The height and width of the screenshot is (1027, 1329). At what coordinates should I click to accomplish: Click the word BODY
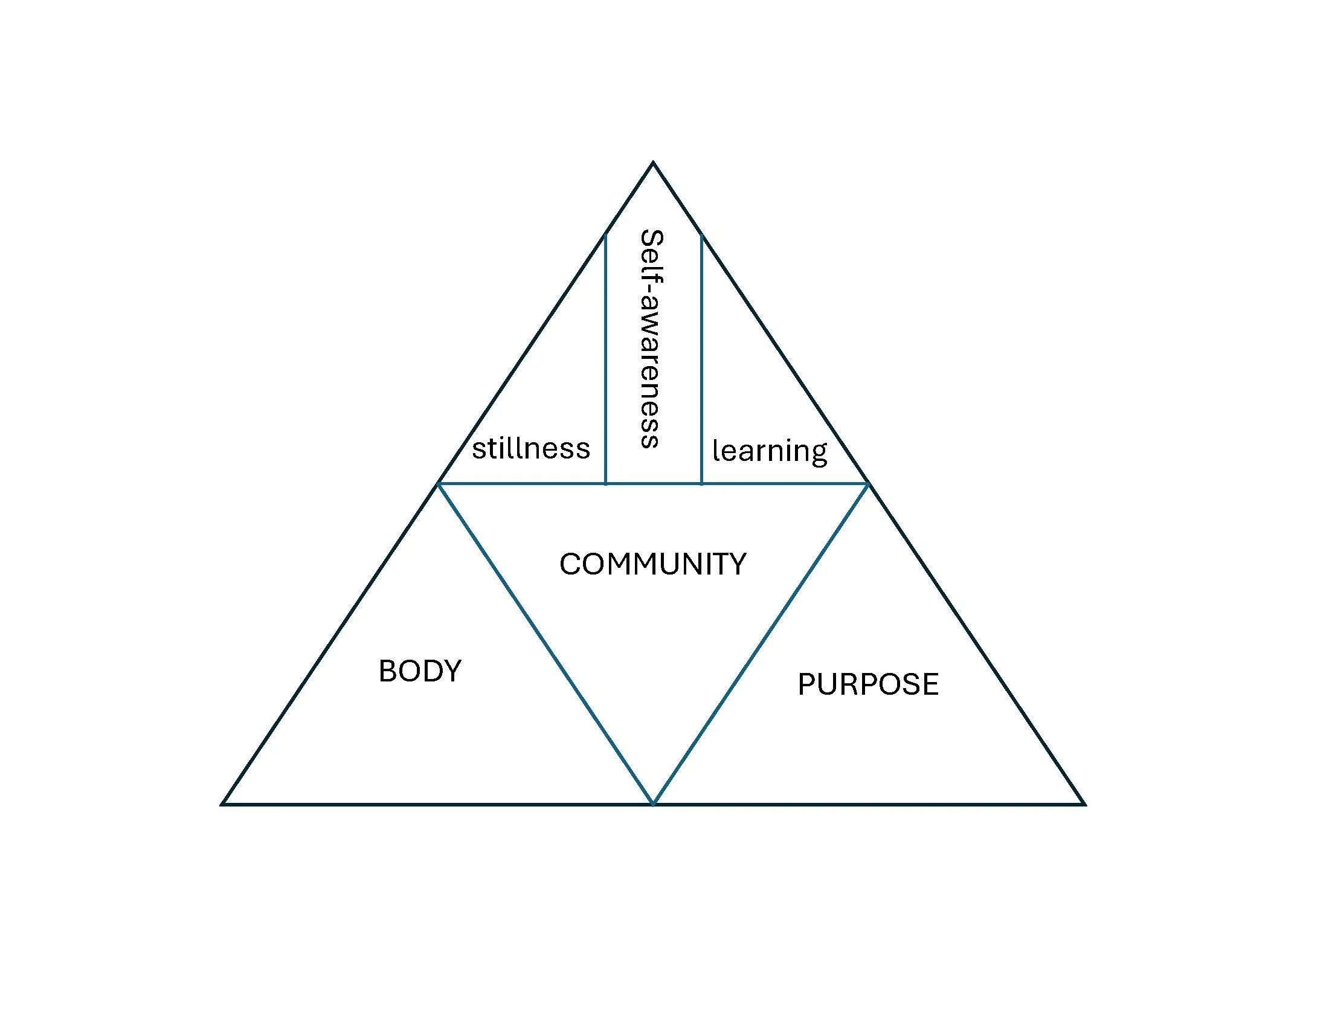point(420,671)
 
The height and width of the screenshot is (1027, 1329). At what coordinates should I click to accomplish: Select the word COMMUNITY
point(652,564)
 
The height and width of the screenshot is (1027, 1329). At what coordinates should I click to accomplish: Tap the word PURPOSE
point(867,684)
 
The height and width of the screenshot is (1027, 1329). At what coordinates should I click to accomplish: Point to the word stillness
point(530,449)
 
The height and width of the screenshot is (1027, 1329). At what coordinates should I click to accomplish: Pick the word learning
point(770,451)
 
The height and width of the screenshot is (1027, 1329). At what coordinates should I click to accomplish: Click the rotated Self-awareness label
point(651,338)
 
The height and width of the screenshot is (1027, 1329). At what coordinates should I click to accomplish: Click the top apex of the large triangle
point(653,163)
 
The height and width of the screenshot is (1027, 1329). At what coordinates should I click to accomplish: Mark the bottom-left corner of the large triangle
point(223,803)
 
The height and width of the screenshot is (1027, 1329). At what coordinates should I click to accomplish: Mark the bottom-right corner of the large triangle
point(1084,803)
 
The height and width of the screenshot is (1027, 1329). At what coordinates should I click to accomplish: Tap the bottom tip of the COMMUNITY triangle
point(653,803)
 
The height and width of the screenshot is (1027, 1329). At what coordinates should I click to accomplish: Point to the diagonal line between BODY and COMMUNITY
point(546,644)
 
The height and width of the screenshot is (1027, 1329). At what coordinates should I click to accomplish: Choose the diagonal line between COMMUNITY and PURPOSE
point(761,644)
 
